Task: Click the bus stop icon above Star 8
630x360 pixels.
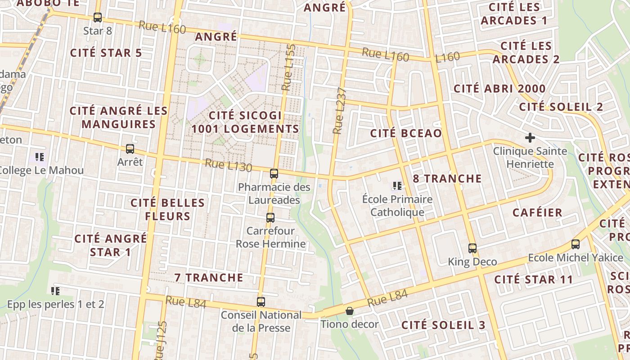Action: tap(98, 18)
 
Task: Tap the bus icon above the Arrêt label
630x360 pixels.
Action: tap(130, 148)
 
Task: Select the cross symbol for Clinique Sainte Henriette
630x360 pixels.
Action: tap(530, 137)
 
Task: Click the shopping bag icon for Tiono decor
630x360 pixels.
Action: tap(349, 311)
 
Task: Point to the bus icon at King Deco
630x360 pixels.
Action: tap(472, 248)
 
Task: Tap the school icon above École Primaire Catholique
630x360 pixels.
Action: tap(397, 185)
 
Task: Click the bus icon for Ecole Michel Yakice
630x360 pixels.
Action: tap(576, 244)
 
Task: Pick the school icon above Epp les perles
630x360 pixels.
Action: tap(55, 291)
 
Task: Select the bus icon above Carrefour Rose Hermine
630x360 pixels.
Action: tap(270, 217)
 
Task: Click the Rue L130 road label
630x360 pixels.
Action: tap(228, 165)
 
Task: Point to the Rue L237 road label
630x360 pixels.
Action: tap(340, 111)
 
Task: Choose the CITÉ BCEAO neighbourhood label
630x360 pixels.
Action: tap(405, 133)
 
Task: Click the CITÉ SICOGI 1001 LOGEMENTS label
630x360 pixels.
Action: tap(245, 122)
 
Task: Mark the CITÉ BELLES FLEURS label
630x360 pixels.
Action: tap(167, 209)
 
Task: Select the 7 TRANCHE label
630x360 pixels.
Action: tap(209, 278)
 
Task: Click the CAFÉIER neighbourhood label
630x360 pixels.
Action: tap(538, 212)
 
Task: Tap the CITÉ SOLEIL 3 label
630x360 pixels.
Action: tap(443, 325)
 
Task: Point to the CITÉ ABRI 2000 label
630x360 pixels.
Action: tap(499, 89)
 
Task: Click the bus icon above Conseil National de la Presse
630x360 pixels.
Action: tap(261, 301)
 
